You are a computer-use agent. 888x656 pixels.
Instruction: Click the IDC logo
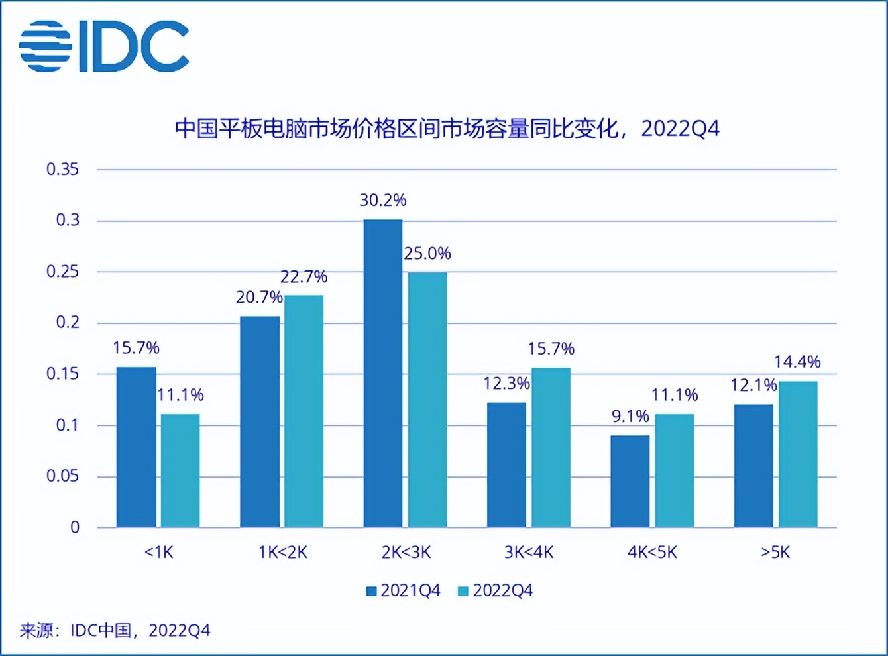pyautogui.click(x=104, y=46)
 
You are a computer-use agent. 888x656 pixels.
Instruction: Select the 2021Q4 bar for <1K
pyautogui.click(x=137, y=447)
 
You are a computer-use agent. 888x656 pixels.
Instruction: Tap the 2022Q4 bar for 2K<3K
pyautogui.click(x=427, y=400)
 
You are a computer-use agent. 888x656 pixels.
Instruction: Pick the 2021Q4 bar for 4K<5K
pyautogui.click(x=630, y=481)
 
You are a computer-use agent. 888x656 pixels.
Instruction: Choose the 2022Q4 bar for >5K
pyautogui.click(x=798, y=454)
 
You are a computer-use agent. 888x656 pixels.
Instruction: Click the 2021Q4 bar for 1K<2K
pyautogui.click(x=260, y=422)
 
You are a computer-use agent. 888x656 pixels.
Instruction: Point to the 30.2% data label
pyautogui.click(x=383, y=200)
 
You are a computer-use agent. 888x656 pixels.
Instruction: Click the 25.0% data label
pyautogui.click(x=427, y=253)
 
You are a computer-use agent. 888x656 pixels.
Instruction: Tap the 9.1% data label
pyautogui.click(x=630, y=416)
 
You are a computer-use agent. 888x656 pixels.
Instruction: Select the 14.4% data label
pyautogui.click(x=797, y=362)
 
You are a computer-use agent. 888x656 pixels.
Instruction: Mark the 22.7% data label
pyautogui.click(x=304, y=276)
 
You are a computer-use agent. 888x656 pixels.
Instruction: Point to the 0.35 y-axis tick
pyautogui.click(x=62, y=169)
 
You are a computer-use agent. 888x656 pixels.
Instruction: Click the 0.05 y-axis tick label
pyautogui.click(x=62, y=476)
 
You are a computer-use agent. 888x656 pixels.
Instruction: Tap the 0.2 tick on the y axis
pyautogui.click(x=67, y=323)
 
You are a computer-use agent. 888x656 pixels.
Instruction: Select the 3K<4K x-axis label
pyautogui.click(x=529, y=552)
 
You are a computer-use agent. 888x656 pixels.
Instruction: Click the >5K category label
pyautogui.click(x=775, y=552)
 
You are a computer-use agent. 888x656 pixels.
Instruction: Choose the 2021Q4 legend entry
pyautogui.click(x=404, y=591)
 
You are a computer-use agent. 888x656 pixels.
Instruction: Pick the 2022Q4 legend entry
pyautogui.click(x=496, y=591)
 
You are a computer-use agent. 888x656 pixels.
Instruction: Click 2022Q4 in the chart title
pyautogui.click(x=680, y=129)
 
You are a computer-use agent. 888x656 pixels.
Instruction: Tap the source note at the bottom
pyautogui.click(x=115, y=630)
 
